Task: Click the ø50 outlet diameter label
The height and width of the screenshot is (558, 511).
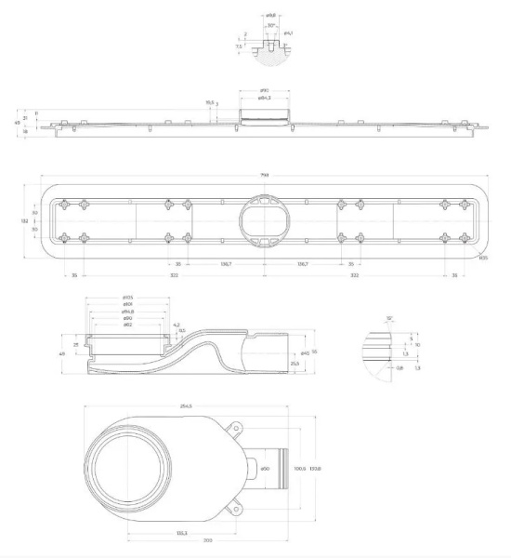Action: click(265, 468)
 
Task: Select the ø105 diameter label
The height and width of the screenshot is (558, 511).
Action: click(128, 298)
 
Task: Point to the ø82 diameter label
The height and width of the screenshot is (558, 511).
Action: click(128, 325)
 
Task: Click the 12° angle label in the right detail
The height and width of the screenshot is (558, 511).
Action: click(391, 319)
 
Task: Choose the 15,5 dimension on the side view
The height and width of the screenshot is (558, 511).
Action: click(210, 103)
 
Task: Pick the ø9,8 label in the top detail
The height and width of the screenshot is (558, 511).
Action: click(269, 16)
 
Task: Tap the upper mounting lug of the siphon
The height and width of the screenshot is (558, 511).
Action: click(234, 428)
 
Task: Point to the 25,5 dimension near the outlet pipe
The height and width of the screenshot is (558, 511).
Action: click(294, 363)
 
